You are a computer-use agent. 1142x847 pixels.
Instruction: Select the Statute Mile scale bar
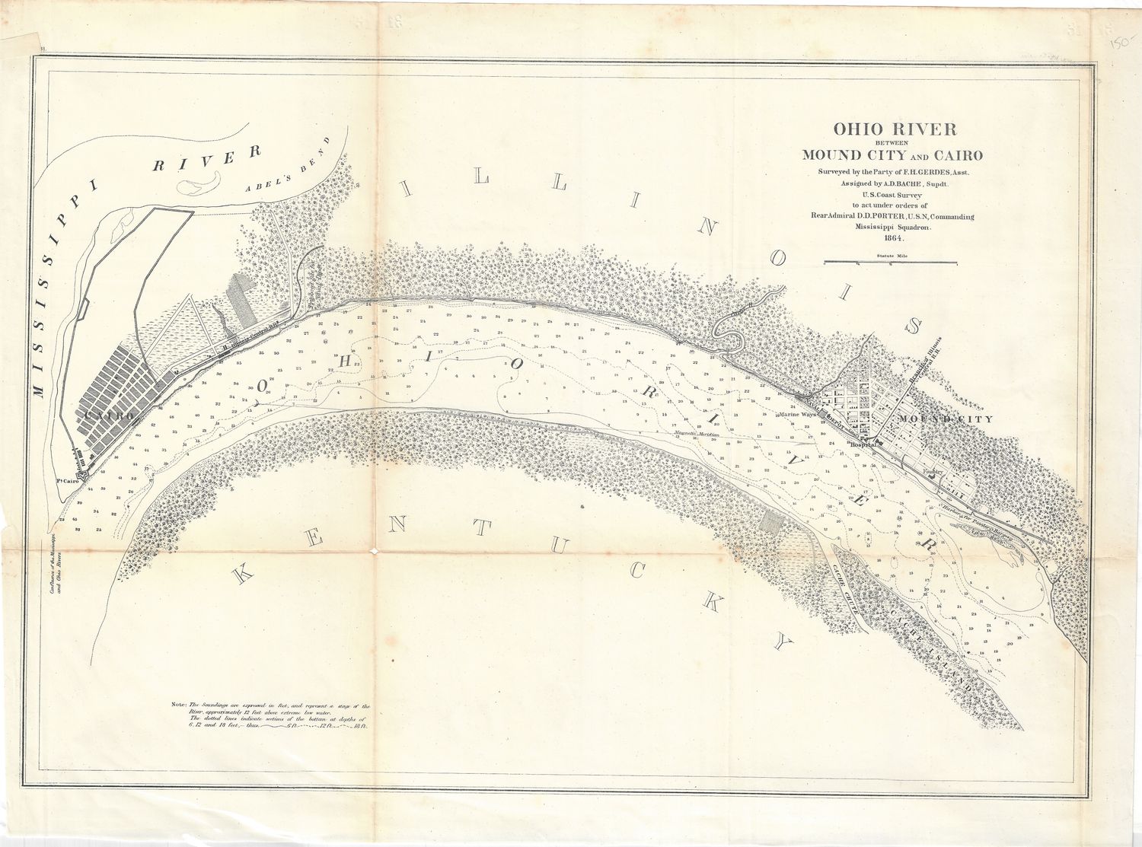tap(890, 263)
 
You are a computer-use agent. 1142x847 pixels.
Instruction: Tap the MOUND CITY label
tap(945, 419)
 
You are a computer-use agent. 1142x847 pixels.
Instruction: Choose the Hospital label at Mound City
tap(864, 444)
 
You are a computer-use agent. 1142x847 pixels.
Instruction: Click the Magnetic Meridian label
tap(697, 435)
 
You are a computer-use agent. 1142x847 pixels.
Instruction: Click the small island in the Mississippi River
tap(199, 182)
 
